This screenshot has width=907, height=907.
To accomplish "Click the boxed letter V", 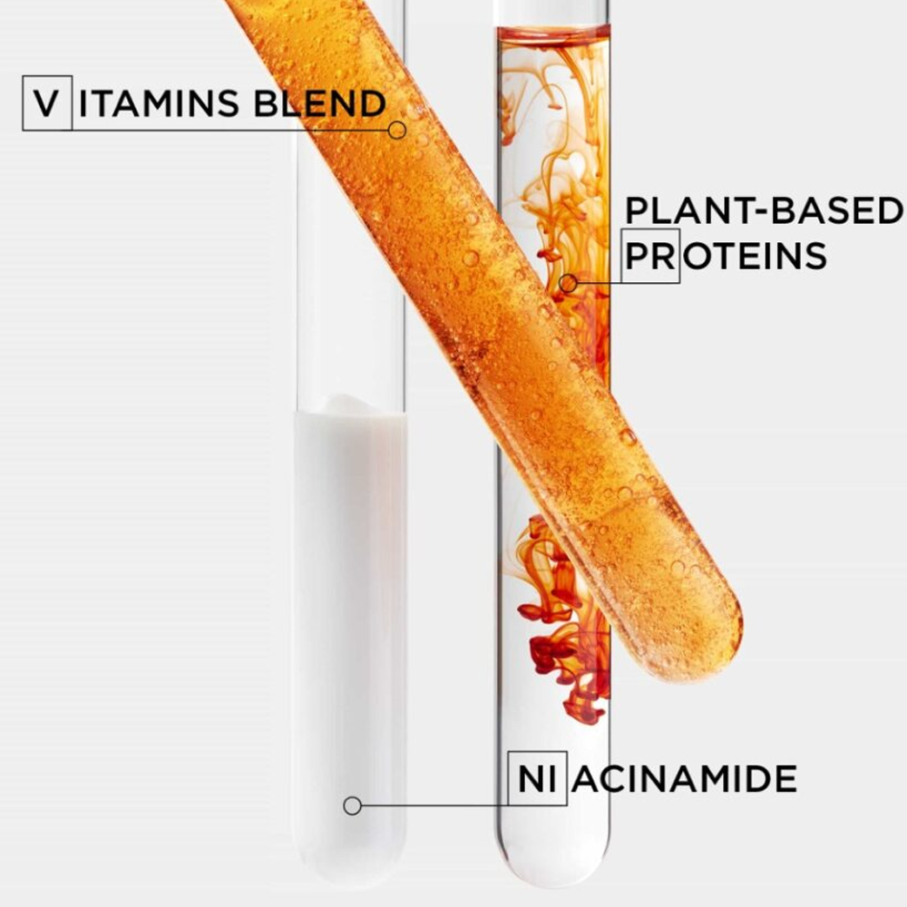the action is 47,103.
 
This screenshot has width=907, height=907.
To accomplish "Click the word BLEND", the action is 320,103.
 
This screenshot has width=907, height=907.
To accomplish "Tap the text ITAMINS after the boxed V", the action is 159,103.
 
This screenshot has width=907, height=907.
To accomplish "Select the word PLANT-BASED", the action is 764,210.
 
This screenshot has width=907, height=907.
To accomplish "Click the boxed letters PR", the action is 650,256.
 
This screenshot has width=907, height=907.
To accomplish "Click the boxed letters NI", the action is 537,778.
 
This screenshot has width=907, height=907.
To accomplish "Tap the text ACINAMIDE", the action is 684,778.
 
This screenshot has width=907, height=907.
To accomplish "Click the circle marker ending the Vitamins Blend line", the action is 397,130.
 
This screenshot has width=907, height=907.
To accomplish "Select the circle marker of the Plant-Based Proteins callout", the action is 569,283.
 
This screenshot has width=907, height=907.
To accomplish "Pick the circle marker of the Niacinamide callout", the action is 352,805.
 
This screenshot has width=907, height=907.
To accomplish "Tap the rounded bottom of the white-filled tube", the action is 351,862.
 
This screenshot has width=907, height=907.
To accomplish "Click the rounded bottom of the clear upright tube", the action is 553,862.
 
